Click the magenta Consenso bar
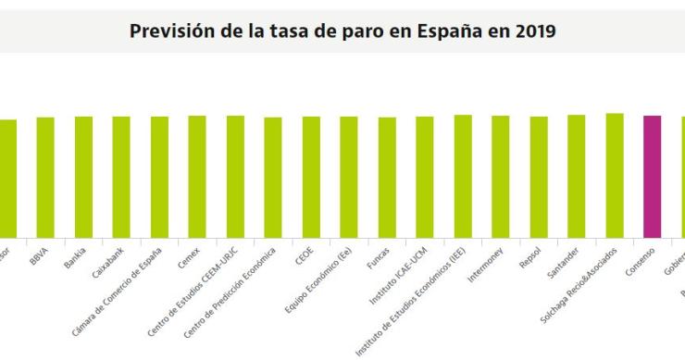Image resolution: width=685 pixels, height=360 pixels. click(x=652, y=177)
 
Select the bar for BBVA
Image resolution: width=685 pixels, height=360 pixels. click(x=45, y=178)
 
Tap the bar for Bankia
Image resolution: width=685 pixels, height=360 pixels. click(x=83, y=177)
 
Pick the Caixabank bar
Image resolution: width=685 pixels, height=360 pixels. click(x=121, y=177)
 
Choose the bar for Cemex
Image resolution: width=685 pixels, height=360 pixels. click(x=197, y=177)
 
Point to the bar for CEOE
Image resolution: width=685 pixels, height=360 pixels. click(x=311, y=177)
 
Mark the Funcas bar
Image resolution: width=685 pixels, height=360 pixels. click(x=387, y=178)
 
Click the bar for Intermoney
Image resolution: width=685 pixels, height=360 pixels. click(x=501, y=177)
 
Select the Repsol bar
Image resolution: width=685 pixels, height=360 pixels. click(x=539, y=177)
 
